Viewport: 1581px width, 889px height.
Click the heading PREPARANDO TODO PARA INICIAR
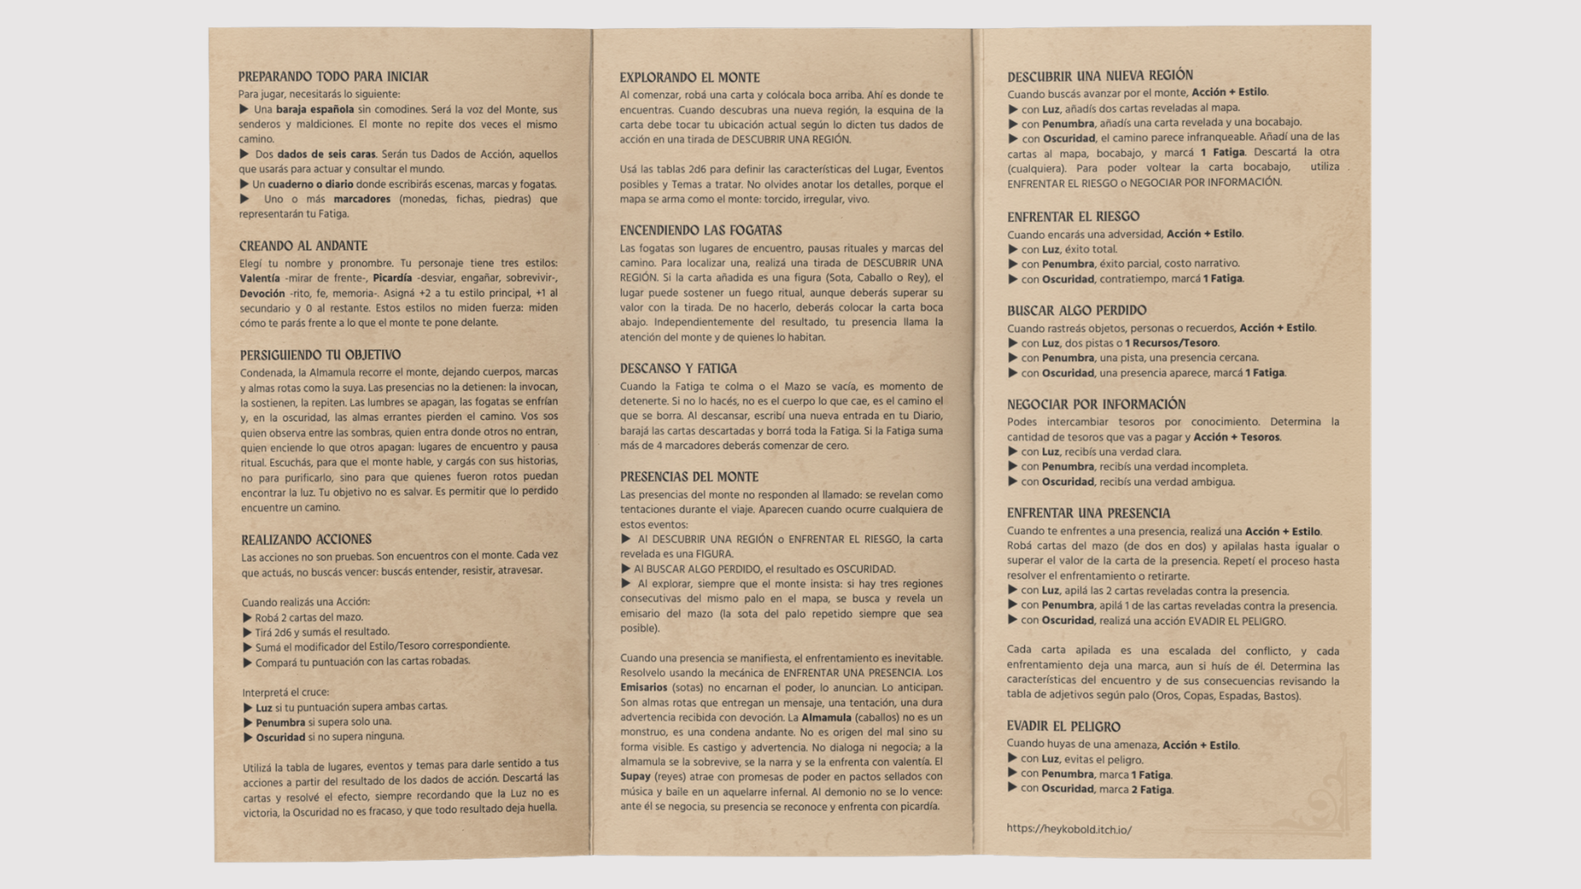[333, 77]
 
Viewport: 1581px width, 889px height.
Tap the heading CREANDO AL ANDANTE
[303, 246]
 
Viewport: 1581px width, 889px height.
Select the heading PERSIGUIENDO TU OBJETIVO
[320, 356]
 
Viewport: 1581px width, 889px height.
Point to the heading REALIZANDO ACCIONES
[306, 540]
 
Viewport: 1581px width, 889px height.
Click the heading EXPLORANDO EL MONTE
[689, 77]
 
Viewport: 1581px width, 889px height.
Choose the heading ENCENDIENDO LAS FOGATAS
[701, 230]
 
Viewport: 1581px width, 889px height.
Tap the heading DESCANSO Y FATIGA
[678, 369]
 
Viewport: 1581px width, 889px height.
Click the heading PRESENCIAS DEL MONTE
[689, 477]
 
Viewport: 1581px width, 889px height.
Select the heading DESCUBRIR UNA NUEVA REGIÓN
[1100, 76]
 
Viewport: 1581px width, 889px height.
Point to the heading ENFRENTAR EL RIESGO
[1073, 216]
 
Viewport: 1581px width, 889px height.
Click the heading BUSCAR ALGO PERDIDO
[1076, 310]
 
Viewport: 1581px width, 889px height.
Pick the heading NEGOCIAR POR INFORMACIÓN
[1096, 404]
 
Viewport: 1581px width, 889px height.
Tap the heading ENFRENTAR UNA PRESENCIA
[1088, 514]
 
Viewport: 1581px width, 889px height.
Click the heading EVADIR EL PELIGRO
[1063, 727]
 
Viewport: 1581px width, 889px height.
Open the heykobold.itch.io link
[1069, 829]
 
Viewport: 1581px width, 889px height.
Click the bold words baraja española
[315, 109]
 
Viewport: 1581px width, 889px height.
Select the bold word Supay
[635, 776]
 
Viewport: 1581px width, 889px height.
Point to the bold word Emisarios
[643, 687]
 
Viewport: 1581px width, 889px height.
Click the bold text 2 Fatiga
[1150, 789]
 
